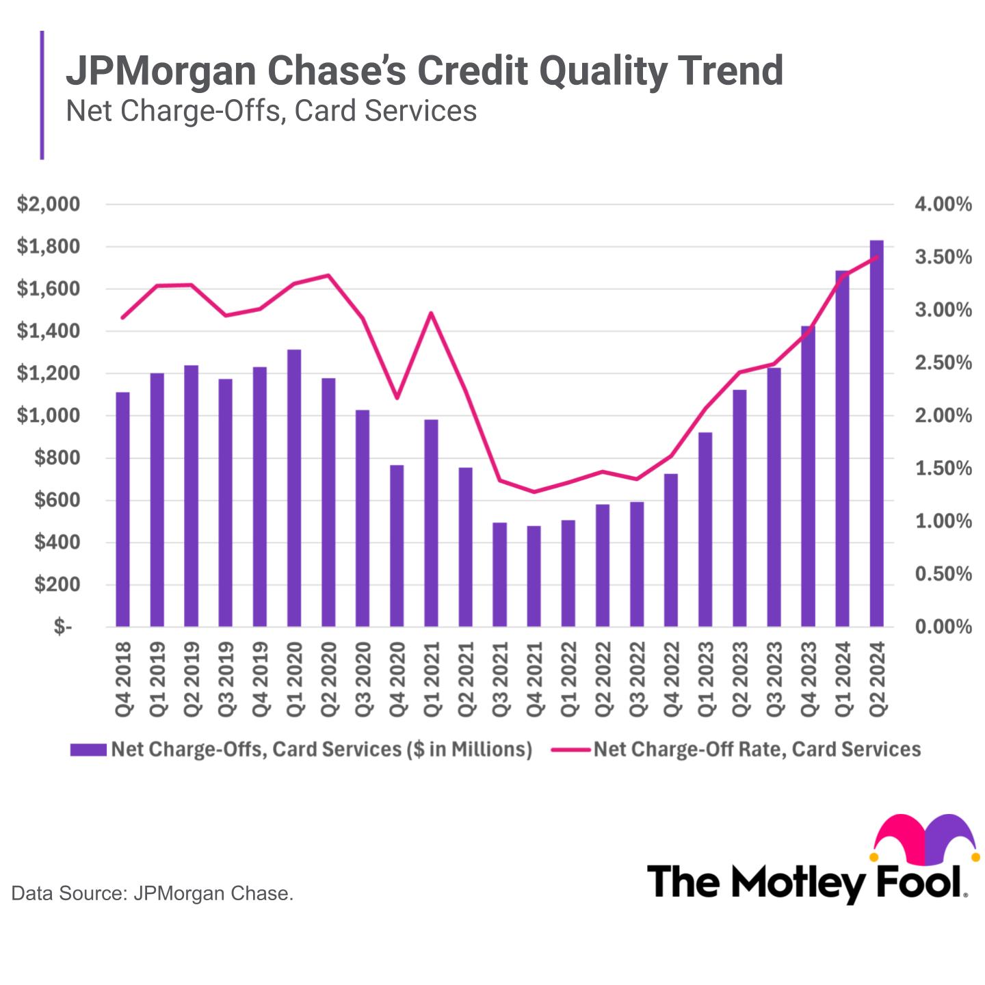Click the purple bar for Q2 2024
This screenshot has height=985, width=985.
[876, 434]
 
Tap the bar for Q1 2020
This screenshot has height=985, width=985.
[294, 488]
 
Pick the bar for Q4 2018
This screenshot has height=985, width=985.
[122, 510]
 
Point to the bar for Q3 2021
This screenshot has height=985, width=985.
[499, 575]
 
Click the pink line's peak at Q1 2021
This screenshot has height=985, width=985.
[431, 313]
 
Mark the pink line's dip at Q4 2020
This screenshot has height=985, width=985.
[397, 398]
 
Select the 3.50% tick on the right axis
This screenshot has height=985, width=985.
[943, 257]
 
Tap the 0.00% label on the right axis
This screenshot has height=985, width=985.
[943, 627]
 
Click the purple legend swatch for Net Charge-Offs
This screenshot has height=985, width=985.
[88, 750]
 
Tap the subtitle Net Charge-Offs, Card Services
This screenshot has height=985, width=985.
[271, 111]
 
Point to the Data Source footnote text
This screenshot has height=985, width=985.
[153, 893]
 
